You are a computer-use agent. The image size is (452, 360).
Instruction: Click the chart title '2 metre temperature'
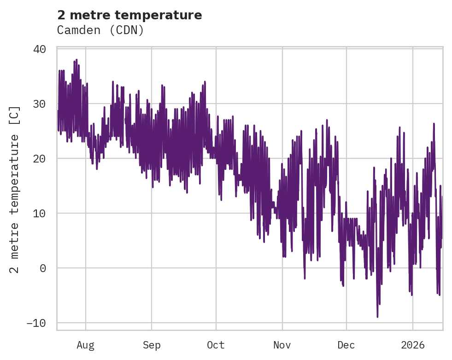[129, 15]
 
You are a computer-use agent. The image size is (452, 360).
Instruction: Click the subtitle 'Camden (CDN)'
[100, 30]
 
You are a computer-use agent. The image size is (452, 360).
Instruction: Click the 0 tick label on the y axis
[43, 268]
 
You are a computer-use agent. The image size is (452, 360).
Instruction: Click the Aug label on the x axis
[85, 345]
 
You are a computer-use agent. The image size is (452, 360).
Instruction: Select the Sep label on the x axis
[151, 345]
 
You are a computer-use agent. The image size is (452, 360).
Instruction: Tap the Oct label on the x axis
[216, 345]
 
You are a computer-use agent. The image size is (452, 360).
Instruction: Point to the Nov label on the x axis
[282, 345]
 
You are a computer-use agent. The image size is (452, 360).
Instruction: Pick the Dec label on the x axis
[346, 345]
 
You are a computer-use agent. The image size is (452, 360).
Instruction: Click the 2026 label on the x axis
[412, 345]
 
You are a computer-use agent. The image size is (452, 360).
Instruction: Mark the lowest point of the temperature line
[377, 317]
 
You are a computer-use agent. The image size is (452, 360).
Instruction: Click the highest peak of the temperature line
[76, 60]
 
